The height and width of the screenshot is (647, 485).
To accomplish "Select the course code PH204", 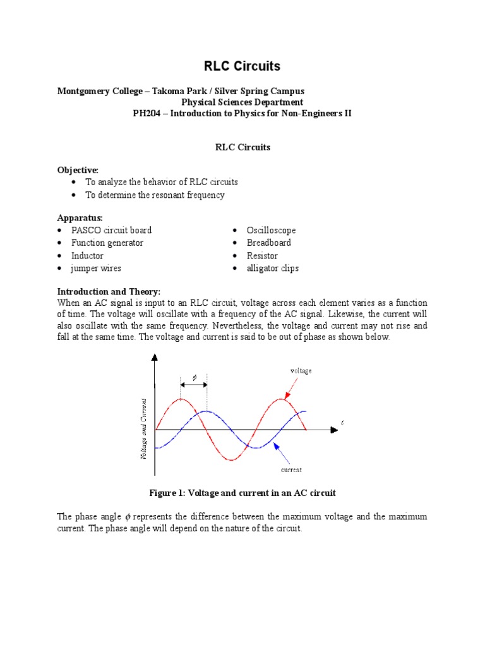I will pos(147,113).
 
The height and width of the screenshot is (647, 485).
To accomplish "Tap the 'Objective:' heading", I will pos(78,169).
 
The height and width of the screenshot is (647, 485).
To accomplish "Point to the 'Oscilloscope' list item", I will pos(272,231).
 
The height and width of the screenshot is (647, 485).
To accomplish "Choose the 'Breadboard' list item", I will pos(270,243).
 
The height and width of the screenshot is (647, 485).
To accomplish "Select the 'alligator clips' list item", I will pos(273,269).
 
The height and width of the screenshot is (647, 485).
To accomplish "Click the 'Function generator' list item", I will pos(107,243).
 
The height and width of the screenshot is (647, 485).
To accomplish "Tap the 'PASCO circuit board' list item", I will pos(112,231).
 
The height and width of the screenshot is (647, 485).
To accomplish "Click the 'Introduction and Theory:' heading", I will pos(109,291).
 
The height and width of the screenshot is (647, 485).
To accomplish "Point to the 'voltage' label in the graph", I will pos(301,371).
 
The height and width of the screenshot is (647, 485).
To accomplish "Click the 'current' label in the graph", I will pos(291,469).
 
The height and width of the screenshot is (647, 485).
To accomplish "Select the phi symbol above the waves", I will pos(195,377).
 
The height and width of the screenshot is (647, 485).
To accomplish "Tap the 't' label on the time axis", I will pos(342,421).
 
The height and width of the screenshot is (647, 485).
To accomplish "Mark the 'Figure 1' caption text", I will pos(242,492).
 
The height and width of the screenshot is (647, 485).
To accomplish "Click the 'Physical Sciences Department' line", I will pos(242,102).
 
